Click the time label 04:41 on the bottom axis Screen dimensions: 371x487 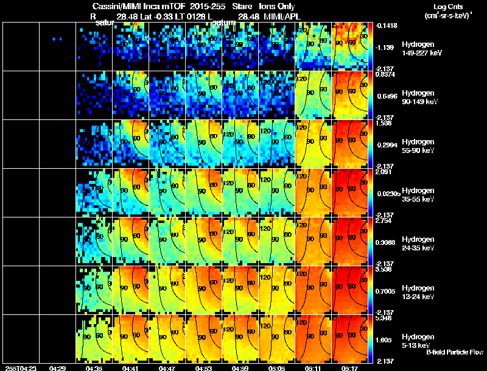tap(131, 368)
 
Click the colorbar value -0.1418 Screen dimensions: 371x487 tap(385, 26)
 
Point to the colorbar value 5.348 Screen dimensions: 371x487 tap(383, 318)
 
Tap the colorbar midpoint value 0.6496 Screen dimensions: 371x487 tap(385, 96)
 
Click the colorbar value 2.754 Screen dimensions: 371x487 tap(383, 221)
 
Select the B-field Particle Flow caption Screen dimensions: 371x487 tap(454, 352)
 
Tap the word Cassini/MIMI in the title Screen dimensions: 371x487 tap(108, 6)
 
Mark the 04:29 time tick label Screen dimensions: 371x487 tap(58, 368)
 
